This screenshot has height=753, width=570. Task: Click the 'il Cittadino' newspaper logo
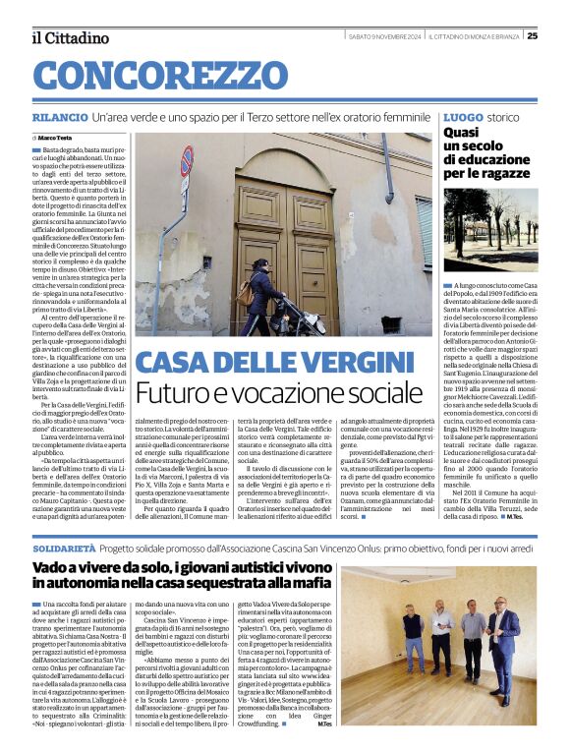click(70, 38)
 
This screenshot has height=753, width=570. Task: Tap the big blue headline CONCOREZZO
click(145, 76)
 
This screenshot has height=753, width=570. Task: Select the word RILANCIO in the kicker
click(58, 117)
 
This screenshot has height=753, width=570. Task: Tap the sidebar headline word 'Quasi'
click(462, 132)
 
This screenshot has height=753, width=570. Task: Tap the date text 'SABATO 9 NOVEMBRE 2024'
click(385, 37)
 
